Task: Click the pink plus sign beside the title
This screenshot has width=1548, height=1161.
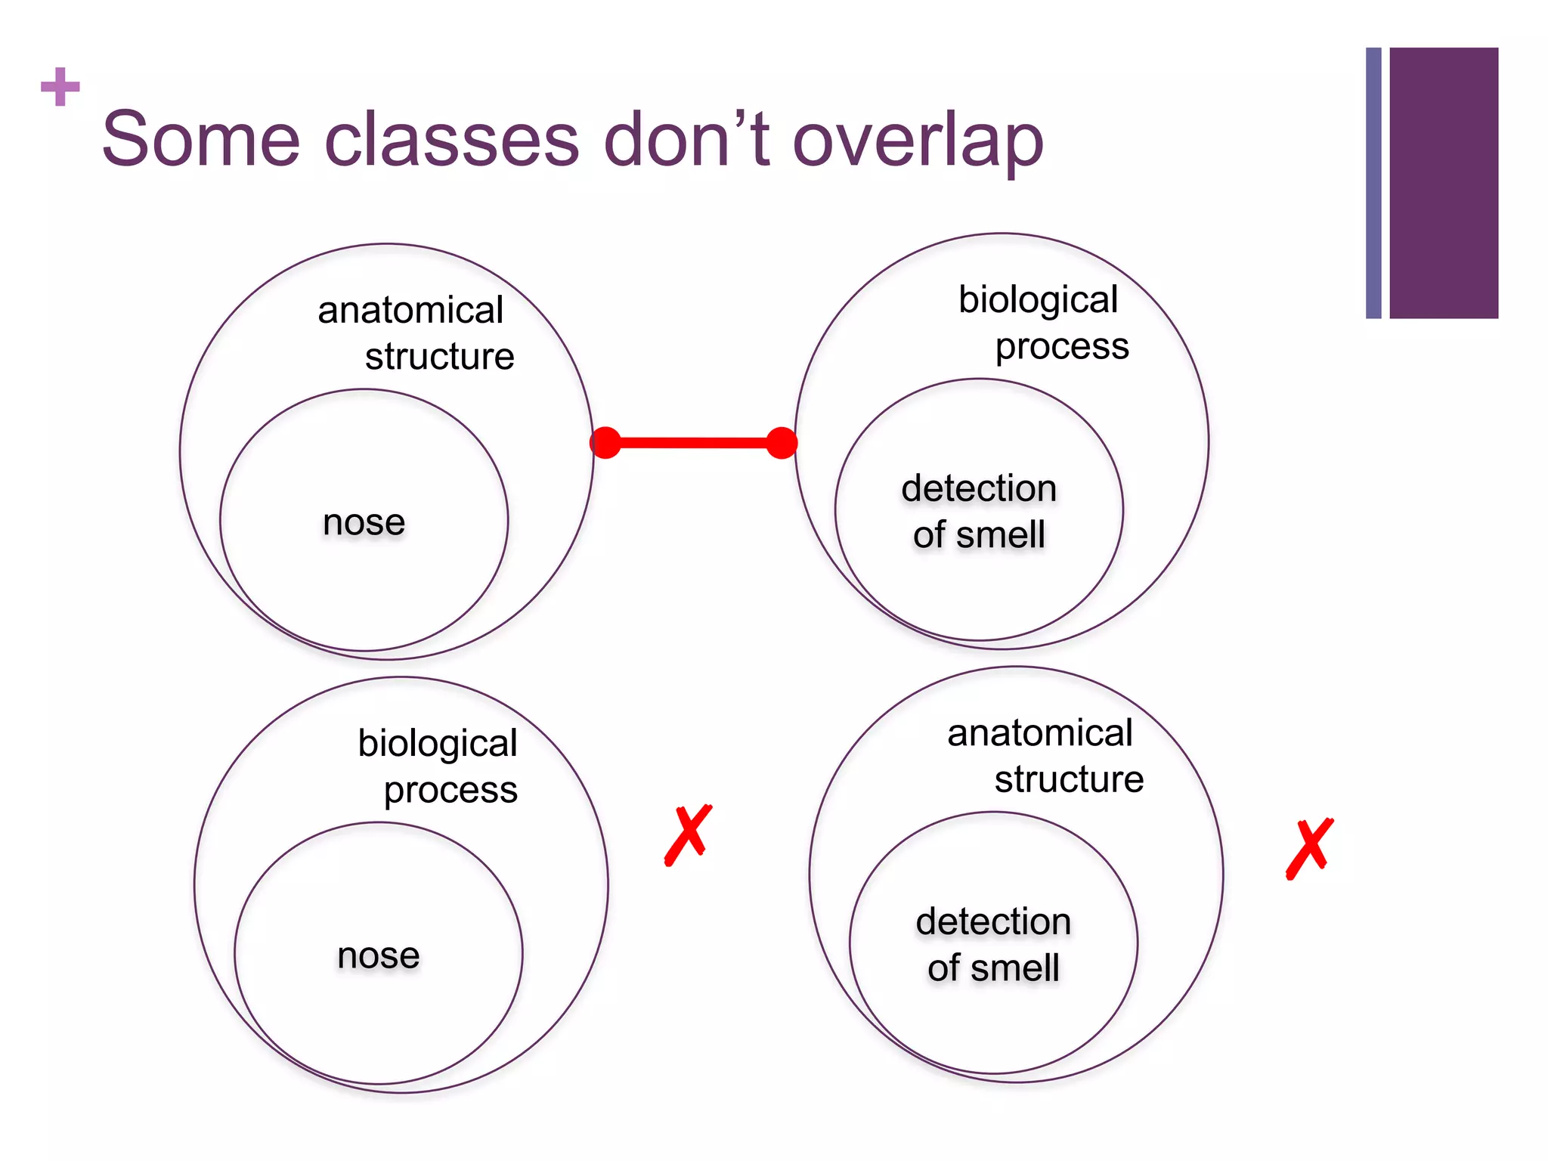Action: pyautogui.click(x=60, y=87)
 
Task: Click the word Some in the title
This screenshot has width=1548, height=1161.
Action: pyautogui.click(x=201, y=140)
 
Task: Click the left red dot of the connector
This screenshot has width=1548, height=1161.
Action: pyautogui.click(x=605, y=442)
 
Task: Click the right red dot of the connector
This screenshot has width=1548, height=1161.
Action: pyautogui.click(x=782, y=443)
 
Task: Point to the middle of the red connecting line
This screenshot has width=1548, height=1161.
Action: pyautogui.click(x=693, y=443)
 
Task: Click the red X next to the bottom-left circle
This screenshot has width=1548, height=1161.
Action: pyautogui.click(x=689, y=834)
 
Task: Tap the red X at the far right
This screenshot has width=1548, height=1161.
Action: pyautogui.click(x=1309, y=848)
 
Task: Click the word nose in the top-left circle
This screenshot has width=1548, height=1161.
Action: pyautogui.click(x=364, y=522)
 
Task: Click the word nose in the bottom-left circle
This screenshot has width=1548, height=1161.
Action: pyautogui.click(x=378, y=955)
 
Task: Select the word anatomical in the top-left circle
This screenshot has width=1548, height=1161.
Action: pyautogui.click(x=410, y=311)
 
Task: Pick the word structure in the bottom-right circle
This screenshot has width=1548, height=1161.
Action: pyautogui.click(x=1069, y=779)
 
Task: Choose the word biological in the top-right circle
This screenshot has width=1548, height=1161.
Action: pyautogui.click(x=1038, y=300)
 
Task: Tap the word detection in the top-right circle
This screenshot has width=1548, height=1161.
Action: pyautogui.click(x=979, y=488)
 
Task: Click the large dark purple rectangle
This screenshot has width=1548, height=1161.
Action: pyautogui.click(x=1444, y=183)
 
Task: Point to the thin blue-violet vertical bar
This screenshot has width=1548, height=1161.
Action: pyautogui.click(x=1373, y=183)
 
